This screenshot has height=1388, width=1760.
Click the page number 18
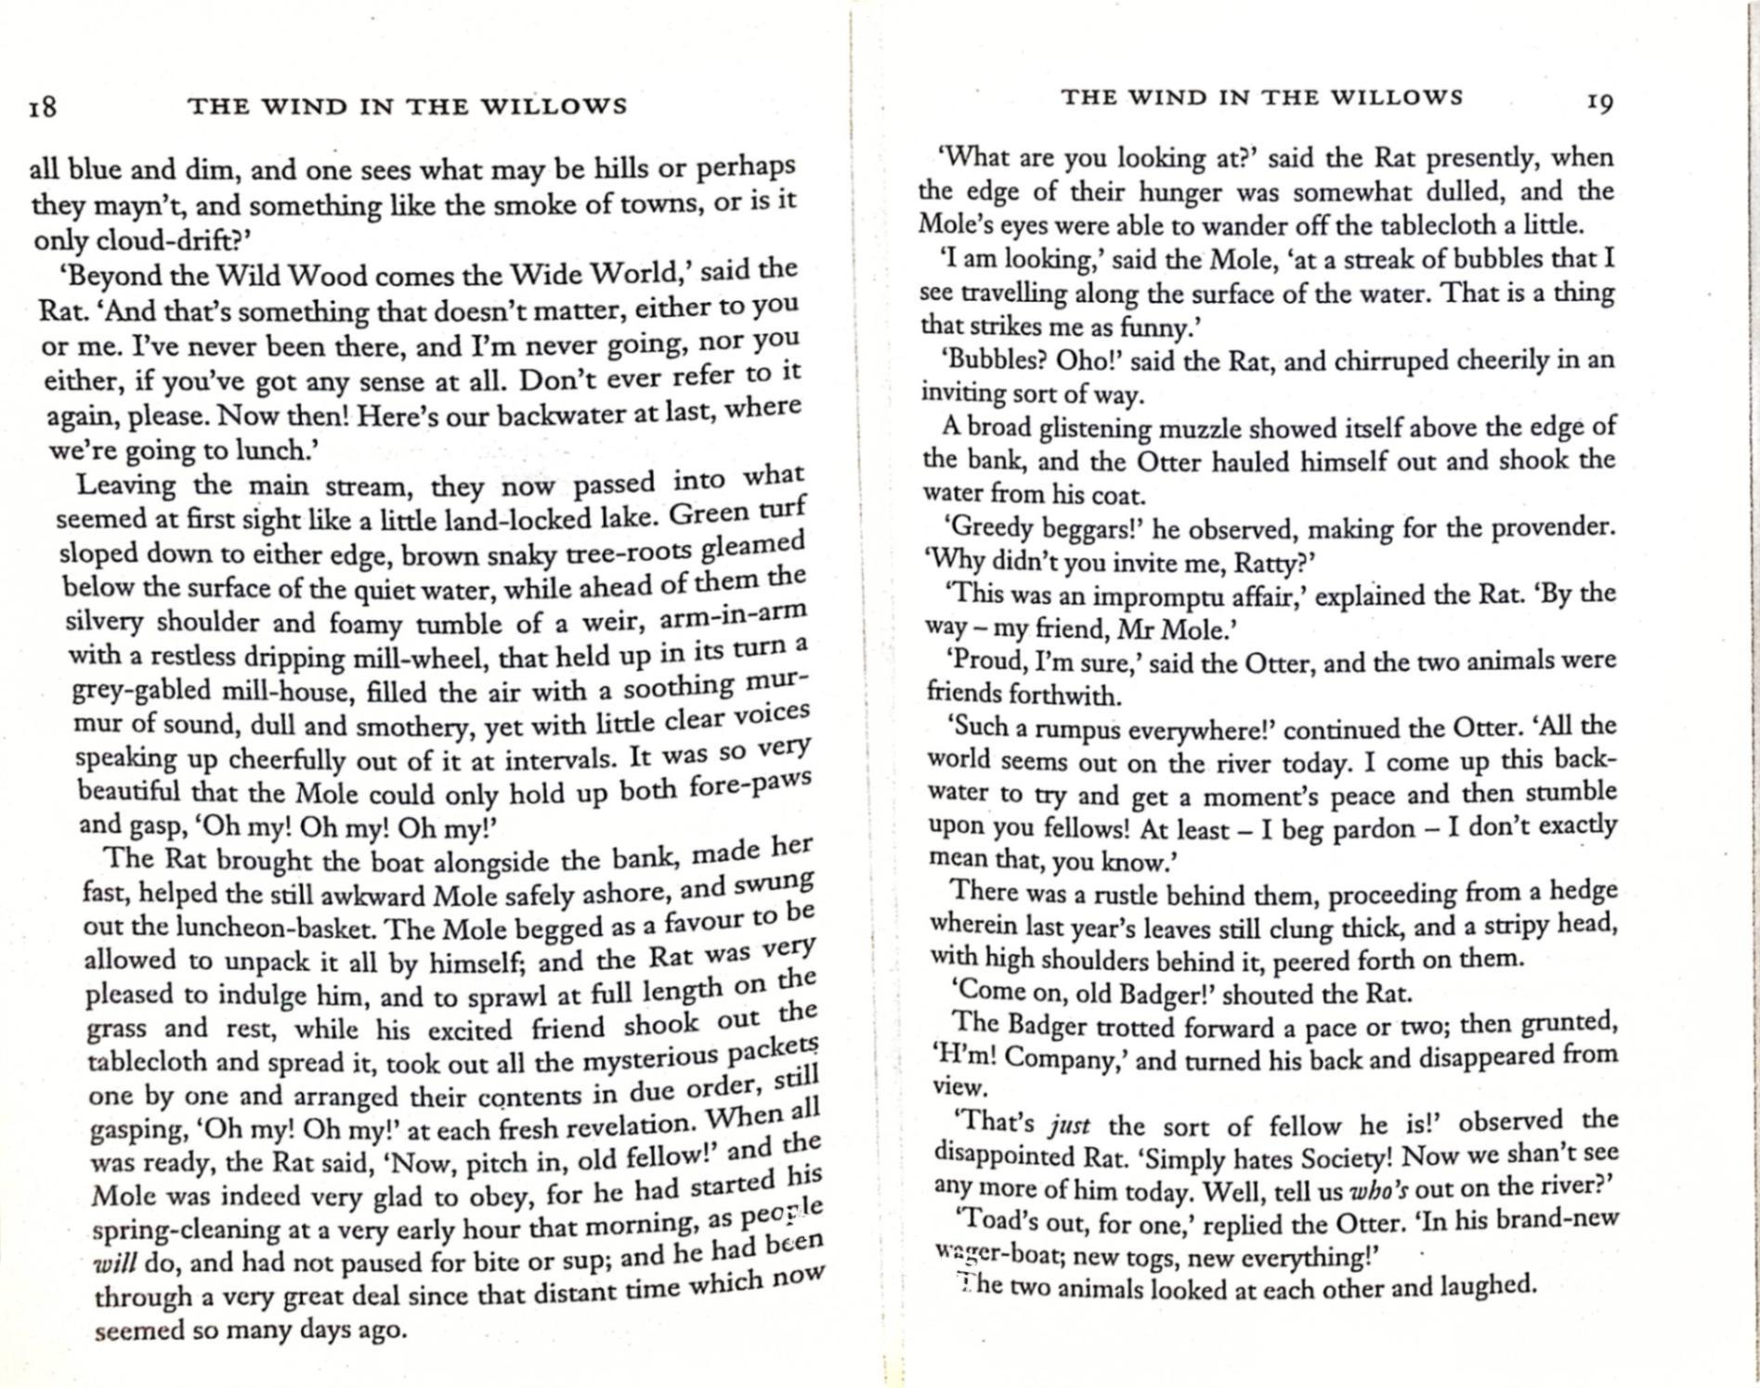(43, 106)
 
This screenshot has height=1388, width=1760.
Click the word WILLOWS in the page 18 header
(554, 106)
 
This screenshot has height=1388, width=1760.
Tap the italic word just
(1068, 1125)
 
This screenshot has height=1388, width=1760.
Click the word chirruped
(1391, 360)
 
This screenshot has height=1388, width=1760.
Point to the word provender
(1552, 527)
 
